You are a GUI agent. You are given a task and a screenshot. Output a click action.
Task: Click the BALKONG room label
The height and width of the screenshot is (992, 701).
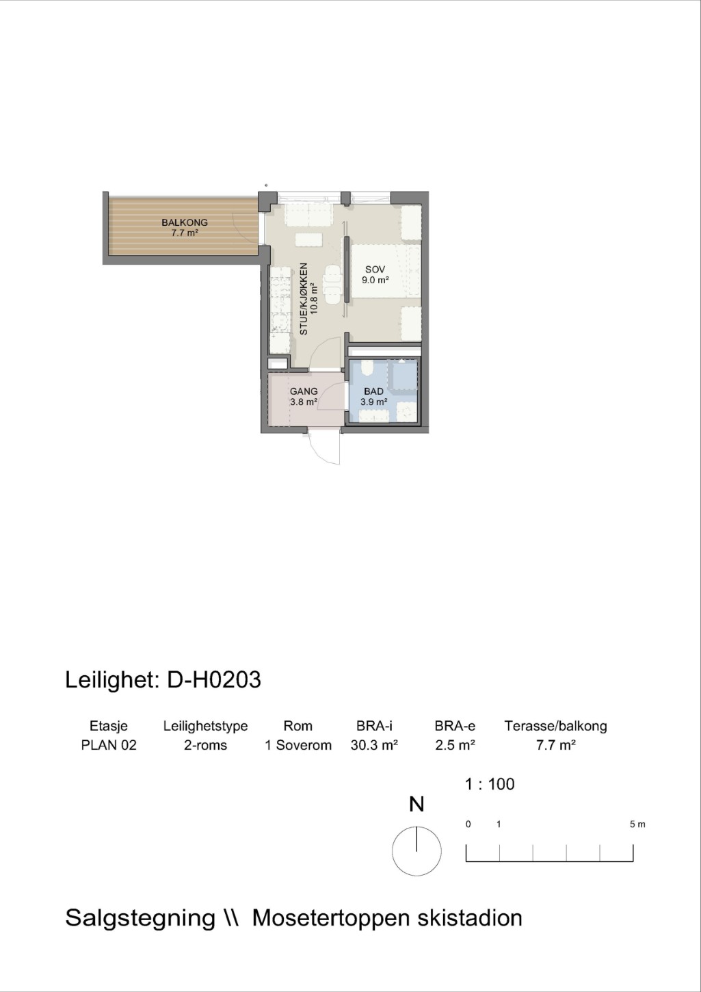pos(185,222)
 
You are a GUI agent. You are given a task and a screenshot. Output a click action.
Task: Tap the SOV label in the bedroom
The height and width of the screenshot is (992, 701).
pos(375,270)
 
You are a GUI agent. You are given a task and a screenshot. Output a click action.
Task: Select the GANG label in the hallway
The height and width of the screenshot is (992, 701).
pos(304,391)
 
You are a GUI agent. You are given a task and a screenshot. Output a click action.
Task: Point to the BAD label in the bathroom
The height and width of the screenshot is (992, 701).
pos(373,391)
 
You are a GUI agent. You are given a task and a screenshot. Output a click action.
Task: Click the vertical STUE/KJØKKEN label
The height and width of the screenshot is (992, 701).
pos(304,299)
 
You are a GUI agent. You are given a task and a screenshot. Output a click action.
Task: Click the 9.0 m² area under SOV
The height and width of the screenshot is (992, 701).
pos(375,280)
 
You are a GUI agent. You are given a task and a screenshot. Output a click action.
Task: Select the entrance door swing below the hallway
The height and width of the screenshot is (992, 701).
pos(325,447)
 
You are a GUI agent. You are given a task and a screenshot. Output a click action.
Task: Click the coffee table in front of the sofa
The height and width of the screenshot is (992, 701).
pos(309,240)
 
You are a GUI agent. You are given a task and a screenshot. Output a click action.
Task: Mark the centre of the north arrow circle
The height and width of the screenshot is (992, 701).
pos(416,851)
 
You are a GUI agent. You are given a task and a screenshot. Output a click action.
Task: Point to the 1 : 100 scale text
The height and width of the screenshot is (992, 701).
pos(490,784)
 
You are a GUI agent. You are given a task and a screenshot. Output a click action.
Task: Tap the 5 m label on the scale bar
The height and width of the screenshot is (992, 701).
pos(637,824)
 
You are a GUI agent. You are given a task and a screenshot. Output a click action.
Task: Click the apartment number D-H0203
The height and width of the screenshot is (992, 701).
pos(214,680)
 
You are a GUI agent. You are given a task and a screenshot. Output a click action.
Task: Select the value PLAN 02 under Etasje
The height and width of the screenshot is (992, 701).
pos(109,745)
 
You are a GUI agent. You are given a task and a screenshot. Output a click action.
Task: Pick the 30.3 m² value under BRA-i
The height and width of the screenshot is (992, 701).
pos(374,745)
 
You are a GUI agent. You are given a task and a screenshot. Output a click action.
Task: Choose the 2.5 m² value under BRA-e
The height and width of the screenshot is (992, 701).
pos(455,745)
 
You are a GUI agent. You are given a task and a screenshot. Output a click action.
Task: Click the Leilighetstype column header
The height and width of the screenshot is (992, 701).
pos(205,727)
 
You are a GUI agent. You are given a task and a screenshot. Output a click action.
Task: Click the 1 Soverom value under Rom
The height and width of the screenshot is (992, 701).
pos(298,745)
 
